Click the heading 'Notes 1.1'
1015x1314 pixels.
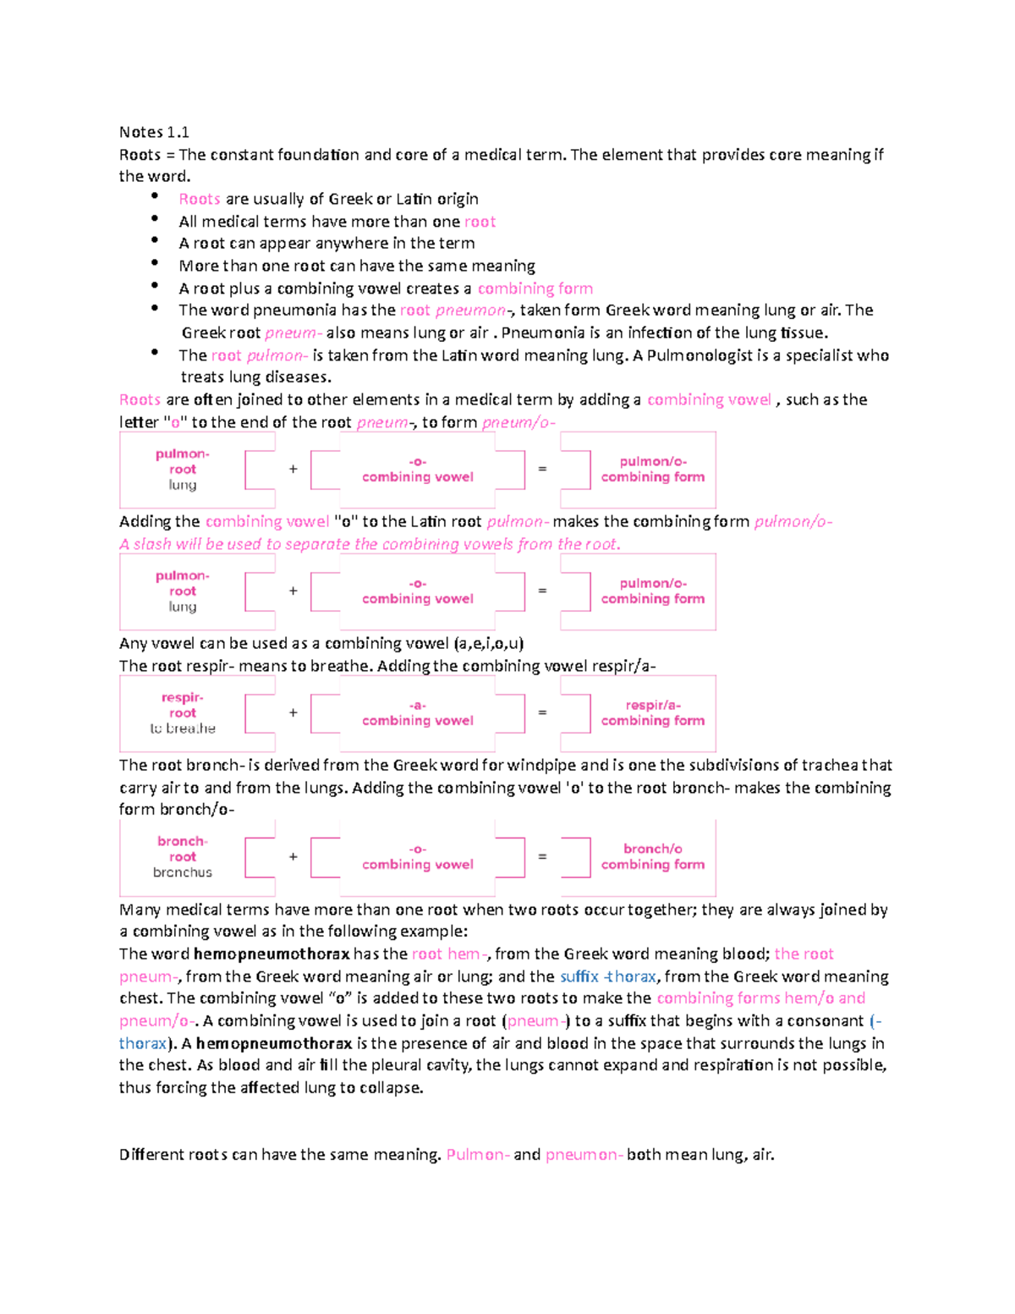click(x=154, y=132)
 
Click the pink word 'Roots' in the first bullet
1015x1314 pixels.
click(x=200, y=199)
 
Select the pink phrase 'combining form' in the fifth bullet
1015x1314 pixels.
click(x=535, y=289)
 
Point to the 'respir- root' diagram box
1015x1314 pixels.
click(x=183, y=712)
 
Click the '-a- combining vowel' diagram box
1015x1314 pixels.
click(x=417, y=712)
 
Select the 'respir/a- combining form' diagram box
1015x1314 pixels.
click(x=652, y=712)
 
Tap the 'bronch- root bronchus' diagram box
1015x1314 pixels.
click(x=183, y=856)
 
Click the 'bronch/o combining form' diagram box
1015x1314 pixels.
click(x=652, y=856)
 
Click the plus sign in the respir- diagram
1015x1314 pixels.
click(x=294, y=712)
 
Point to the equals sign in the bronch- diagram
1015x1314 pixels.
click(x=542, y=856)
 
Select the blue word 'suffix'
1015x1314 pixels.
click(x=579, y=976)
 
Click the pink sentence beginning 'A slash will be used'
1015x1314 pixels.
click(x=370, y=544)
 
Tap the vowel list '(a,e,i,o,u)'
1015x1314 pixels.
click(x=488, y=643)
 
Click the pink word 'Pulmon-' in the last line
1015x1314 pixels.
click(x=478, y=1155)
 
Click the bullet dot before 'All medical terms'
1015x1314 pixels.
click(x=155, y=219)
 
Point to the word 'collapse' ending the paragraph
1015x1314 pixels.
click(x=390, y=1088)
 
